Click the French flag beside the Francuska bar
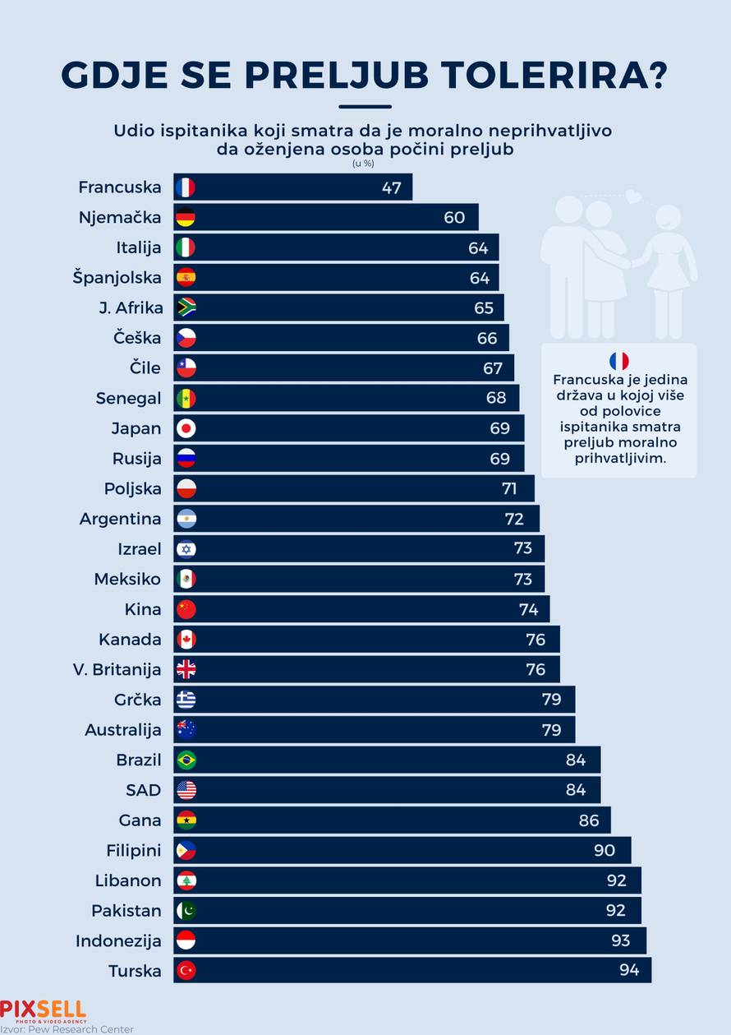click(x=186, y=187)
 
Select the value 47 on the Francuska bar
click(x=391, y=187)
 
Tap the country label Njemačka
click(x=120, y=218)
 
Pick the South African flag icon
click(x=186, y=307)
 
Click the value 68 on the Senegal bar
click(x=496, y=398)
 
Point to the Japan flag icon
click(x=186, y=428)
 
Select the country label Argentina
click(x=120, y=519)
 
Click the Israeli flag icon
click(x=186, y=549)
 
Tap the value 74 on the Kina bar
click(x=528, y=609)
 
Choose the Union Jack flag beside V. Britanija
click(x=186, y=669)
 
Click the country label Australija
click(x=123, y=730)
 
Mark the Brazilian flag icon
click(x=186, y=760)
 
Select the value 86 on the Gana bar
click(x=589, y=820)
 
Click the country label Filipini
click(x=133, y=850)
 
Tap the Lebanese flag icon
click(x=186, y=880)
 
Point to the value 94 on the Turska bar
click(x=629, y=970)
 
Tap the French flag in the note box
click(x=618, y=361)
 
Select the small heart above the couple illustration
click(x=632, y=196)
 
